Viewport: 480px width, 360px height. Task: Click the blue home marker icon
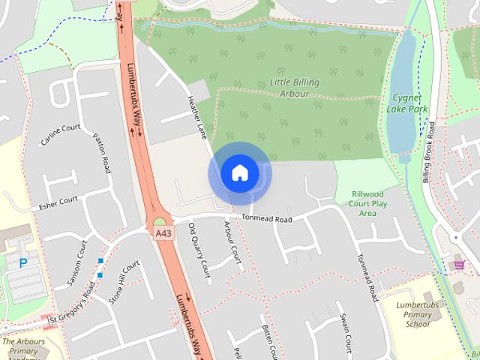pyautogui.click(x=239, y=173)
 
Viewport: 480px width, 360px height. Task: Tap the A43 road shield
pyautogui.click(x=163, y=234)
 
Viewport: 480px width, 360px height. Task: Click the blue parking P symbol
pyautogui.click(x=23, y=262)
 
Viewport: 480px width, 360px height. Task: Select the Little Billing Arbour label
pyautogui.click(x=295, y=88)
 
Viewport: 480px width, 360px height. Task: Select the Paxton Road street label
pyautogui.click(x=101, y=154)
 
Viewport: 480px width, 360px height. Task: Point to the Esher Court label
pyautogui.click(x=58, y=200)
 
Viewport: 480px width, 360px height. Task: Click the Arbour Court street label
pyautogui.click(x=232, y=244)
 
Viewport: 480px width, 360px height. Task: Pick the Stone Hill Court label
pyautogui.click(x=124, y=281)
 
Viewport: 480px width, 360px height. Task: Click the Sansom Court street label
pyautogui.click(x=78, y=263)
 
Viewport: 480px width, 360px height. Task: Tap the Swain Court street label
pyautogui.click(x=345, y=331)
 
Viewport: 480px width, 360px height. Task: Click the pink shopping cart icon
pyautogui.click(x=459, y=264)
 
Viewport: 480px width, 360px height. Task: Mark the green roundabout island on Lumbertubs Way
pyautogui.click(x=159, y=221)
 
